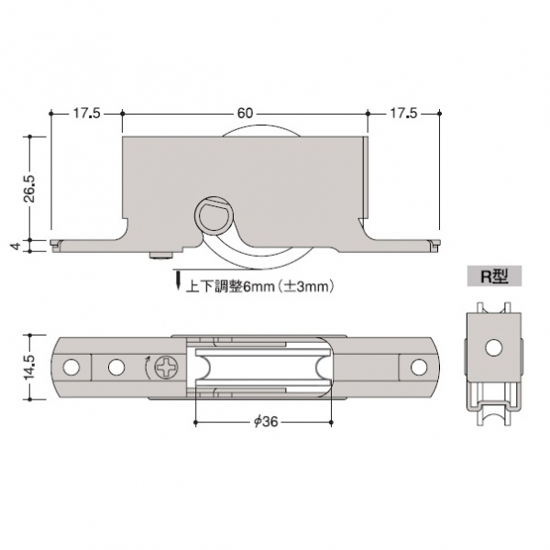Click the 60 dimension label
tap(245, 114)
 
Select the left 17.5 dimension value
tap(87, 114)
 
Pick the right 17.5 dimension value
tap(403, 114)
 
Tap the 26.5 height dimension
tap(31, 188)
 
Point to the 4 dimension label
tap(16, 246)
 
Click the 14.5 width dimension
tap(29, 367)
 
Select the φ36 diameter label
tap(266, 422)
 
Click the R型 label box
tap(494, 277)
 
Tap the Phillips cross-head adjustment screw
tap(167, 368)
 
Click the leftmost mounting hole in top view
tap(71, 368)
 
